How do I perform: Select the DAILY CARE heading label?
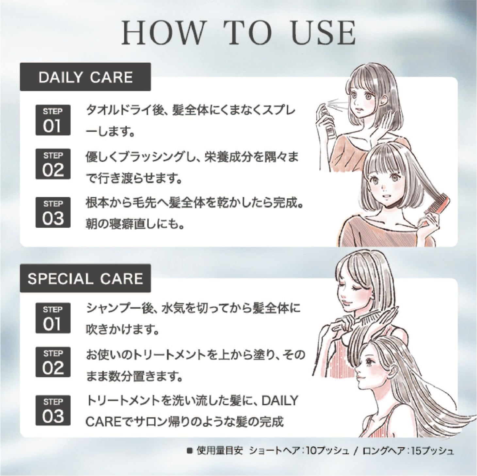pos(85,77)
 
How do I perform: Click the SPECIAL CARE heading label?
pos(85,278)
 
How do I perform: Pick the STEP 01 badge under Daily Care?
pos(53,120)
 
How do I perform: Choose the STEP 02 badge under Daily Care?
pos(53,164)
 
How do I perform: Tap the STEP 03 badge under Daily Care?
pos(53,212)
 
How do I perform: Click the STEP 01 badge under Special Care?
pos(53,318)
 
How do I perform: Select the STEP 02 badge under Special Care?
pos(53,362)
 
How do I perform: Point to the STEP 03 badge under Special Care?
pos(53,410)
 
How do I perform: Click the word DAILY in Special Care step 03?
pos(280,401)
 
